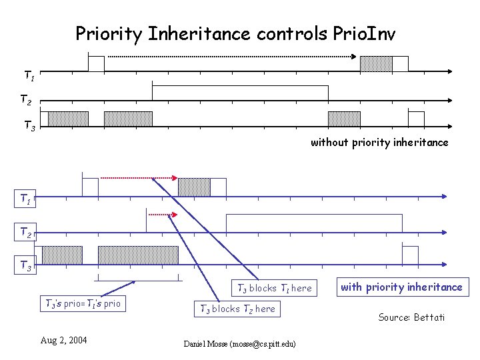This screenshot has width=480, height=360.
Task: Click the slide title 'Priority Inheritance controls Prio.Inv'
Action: [x=235, y=33]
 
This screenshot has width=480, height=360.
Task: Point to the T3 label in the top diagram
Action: [x=30, y=125]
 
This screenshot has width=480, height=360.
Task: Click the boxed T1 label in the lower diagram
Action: [x=25, y=198]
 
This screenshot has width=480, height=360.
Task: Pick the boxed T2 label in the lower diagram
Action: [x=25, y=232]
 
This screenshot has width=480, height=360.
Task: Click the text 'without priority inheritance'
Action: [x=379, y=142]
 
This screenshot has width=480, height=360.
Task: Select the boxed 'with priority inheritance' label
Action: [x=401, y=287]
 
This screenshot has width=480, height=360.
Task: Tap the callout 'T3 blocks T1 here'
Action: [x=271, y=288]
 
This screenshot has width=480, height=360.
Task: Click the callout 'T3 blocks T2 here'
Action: [x=237, y=309]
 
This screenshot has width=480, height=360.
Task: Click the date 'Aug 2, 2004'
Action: [x=63, y=340]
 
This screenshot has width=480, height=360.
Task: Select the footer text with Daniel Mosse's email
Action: [x=239, y=343]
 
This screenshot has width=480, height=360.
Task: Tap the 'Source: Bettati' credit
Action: [x=411, y=317]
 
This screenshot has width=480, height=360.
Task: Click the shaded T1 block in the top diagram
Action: [x=376, y=64]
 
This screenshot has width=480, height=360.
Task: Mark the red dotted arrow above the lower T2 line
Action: [x=163, y=214]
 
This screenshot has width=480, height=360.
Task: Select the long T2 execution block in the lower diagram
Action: [x=314, y=223]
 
